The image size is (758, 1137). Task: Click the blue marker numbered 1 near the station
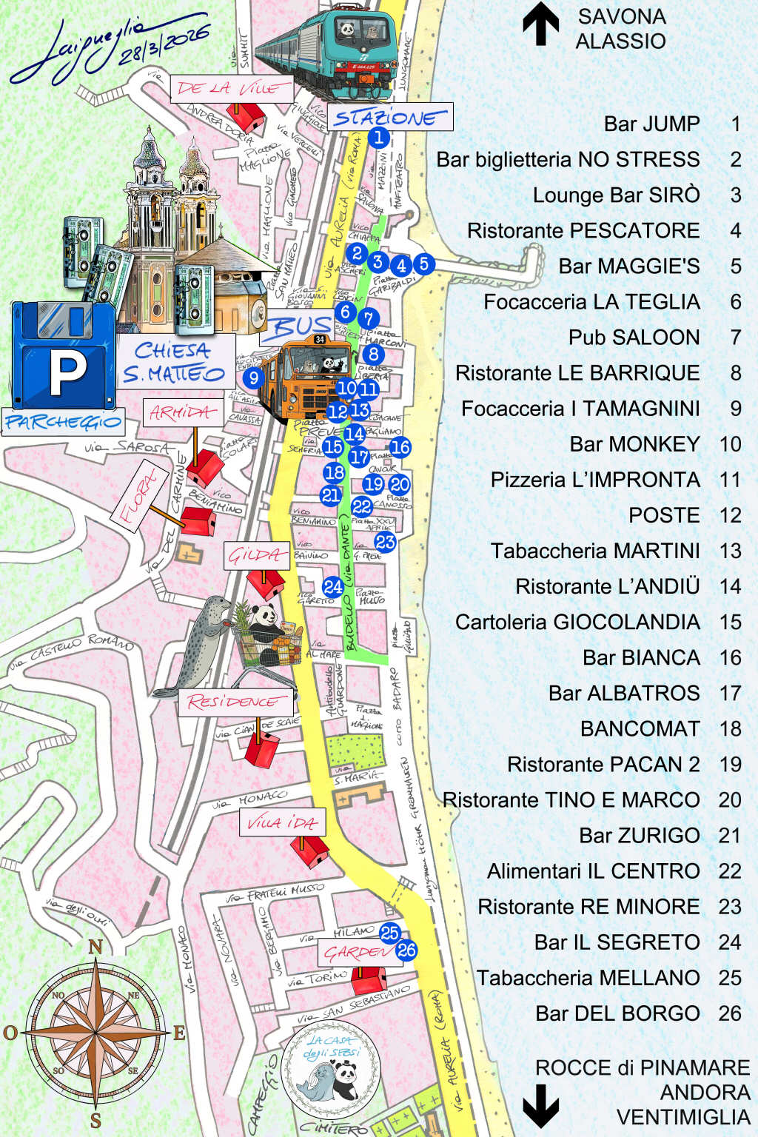pyautogui.click(x=378, y=137)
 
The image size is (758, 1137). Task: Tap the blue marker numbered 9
pyautogui.click(x=253, y=378)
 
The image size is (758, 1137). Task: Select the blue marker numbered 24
pyautogui.click(x=333, y=587)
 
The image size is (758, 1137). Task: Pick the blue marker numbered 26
pyautogui.click(x=406, y=950)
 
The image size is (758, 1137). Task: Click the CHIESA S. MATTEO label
pyautogui.click(x=175, y=362)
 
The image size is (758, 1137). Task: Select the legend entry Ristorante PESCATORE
pyautogui.click(x=583, y=231)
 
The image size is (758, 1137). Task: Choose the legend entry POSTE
pyautogui.click(x=664, y=515)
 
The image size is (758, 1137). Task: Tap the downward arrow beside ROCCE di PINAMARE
pyautogui.click(x=541, y=1104)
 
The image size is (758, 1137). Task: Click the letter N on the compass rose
pyautogui.click(x=95, y=947)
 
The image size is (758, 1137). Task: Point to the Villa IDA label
pyautogui.click(x=282, y=822)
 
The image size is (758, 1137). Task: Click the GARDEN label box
pyautogui.click(x=356, y=952)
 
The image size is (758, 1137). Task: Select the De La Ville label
pyautogui.click(x=229, y=89)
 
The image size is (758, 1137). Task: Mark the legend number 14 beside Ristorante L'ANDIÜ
pyautogui.click(x=730, y=586)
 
